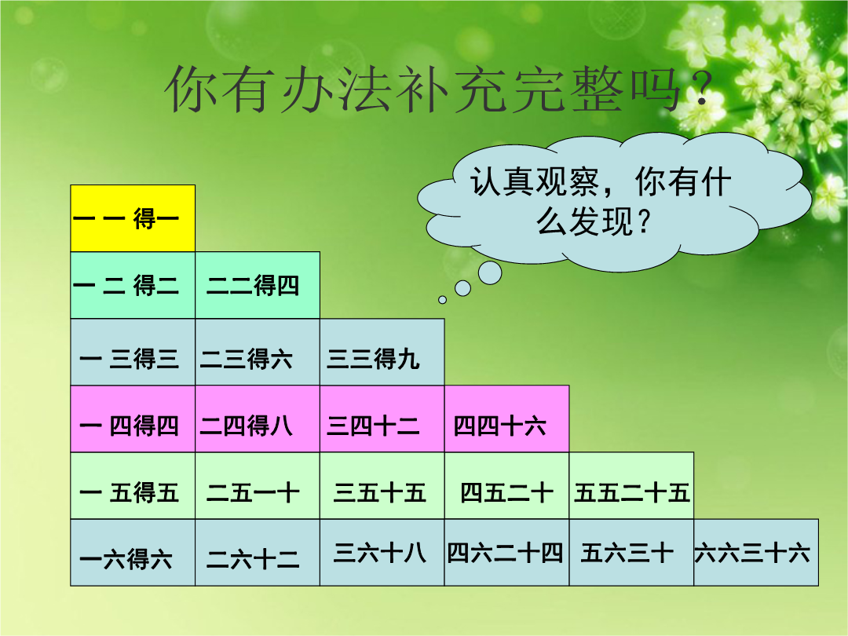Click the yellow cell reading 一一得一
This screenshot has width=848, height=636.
coord(133,218)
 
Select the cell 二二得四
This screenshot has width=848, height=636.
coord(258,285)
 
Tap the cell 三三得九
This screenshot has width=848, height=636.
coord(382,352)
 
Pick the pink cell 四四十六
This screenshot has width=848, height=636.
coord(506,419)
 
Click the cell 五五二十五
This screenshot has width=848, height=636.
coord(631,486)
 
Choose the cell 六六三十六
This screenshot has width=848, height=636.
coord(756,552)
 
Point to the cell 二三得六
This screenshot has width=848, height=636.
coord(258,352)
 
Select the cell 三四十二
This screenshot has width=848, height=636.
coord(382,419)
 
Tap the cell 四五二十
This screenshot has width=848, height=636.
coord(506,486)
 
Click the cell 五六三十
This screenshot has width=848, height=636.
coord(631,552)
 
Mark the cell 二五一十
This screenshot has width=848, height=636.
coord(258,486)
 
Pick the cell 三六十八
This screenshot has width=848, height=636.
coord(382,552)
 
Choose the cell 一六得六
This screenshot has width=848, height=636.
coord(133,552)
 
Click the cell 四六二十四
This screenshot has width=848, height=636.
coord(506,552)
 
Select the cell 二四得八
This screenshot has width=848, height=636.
coord(258,419)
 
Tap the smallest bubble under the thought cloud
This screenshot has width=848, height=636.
coord(442,300)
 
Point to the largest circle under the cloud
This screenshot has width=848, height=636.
coord(490,272)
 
